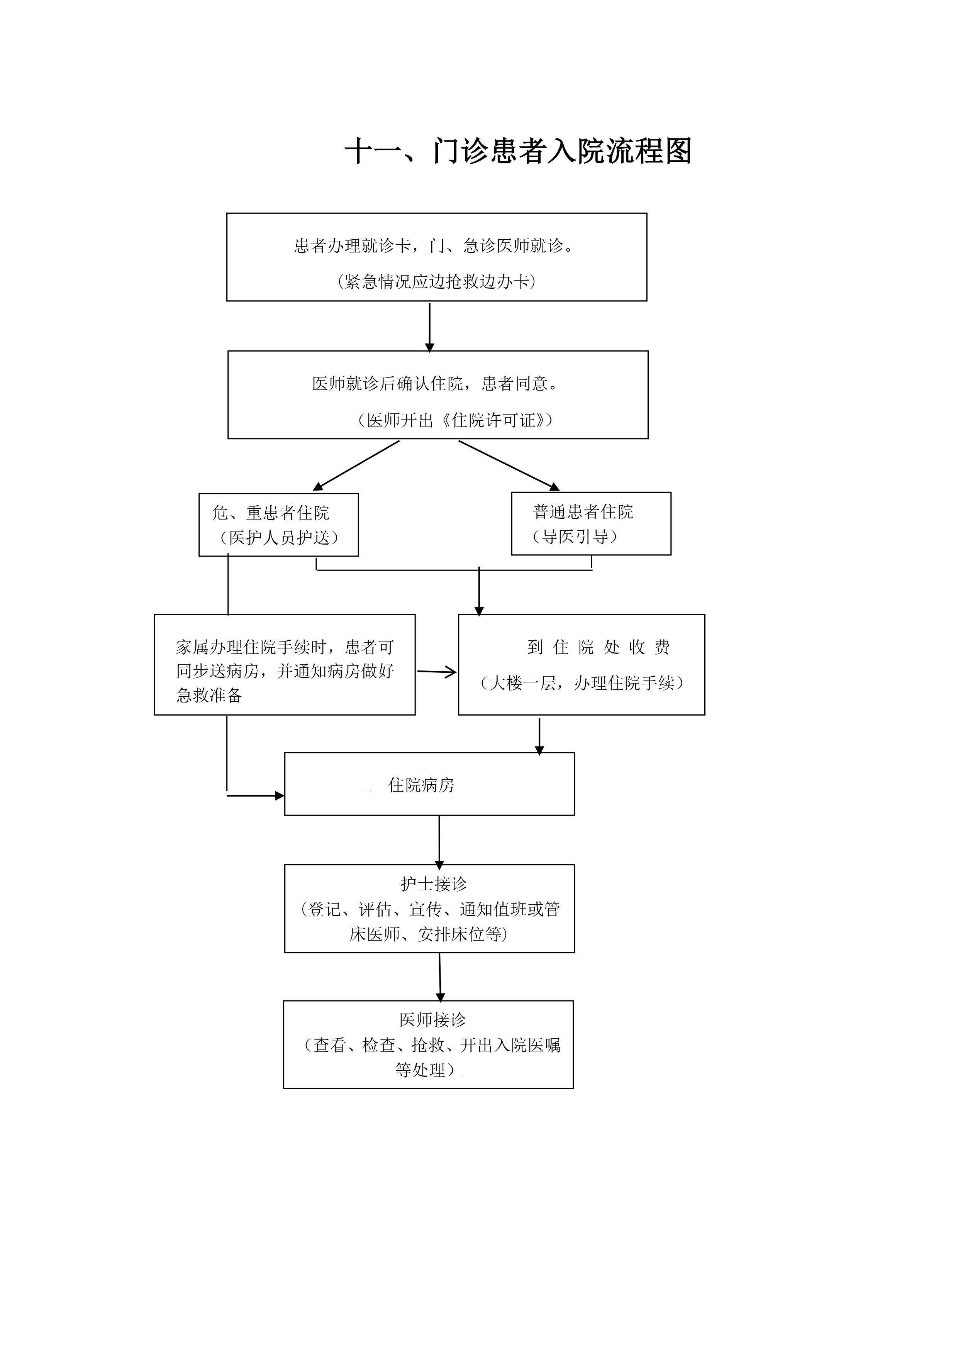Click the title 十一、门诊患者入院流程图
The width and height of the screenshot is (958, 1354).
click(x=518, y=152)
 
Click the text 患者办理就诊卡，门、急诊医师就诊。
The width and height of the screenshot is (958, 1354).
click(x=434, y=245)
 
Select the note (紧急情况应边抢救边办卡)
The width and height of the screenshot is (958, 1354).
click(x=437, y=282)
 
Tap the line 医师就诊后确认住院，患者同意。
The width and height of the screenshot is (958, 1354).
click(x=435, y=384)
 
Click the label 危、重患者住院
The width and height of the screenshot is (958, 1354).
click(x=271, y=513)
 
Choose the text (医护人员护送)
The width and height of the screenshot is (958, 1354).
click(x=278, y=538)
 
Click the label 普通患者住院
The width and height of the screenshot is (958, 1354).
click(x=583, y=511)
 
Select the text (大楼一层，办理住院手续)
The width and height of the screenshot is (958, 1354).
click(x=582, y=683)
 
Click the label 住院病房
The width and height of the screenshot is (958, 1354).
click(x=421, y=785)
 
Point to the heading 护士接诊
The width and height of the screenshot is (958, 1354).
click(x=434, y=883)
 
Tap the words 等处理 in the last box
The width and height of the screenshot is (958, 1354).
click(x=420, y=1070)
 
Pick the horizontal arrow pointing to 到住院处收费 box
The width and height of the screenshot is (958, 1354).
click(x=437, y=672)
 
